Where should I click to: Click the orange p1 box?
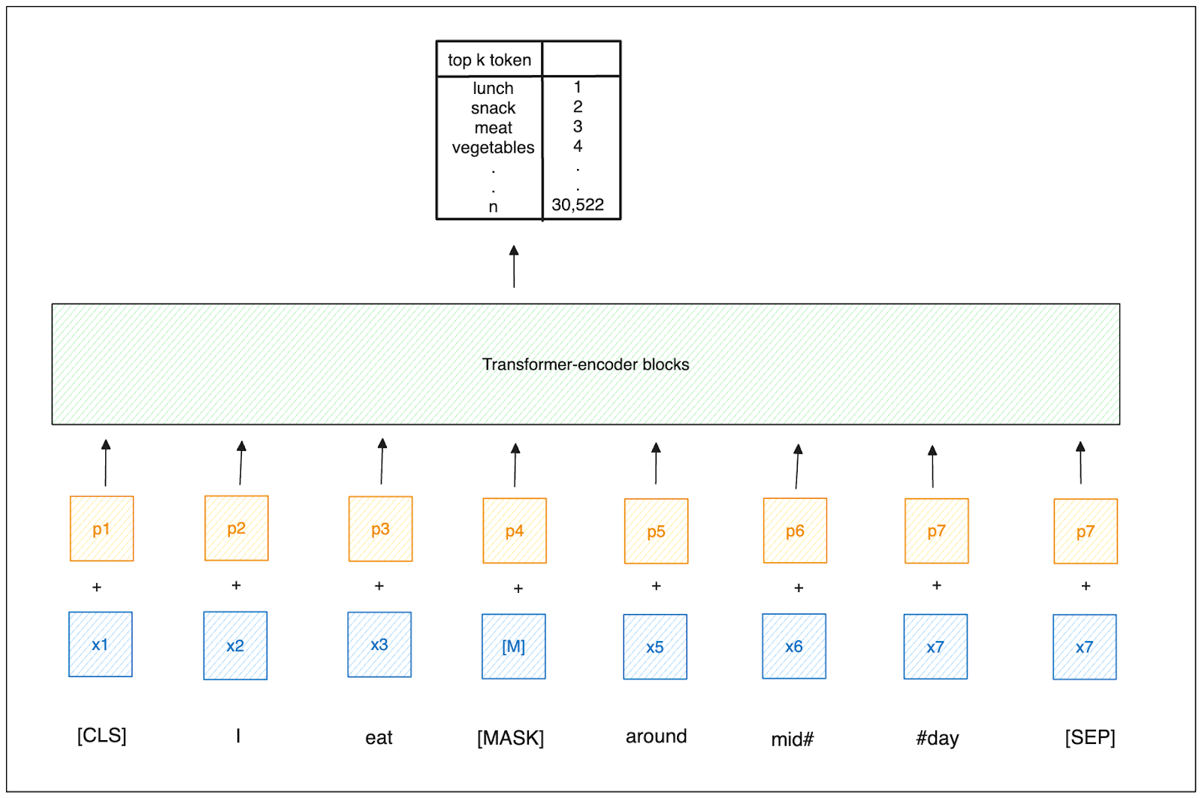click(x=101, y=528)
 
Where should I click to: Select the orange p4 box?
click(x=515, y=530)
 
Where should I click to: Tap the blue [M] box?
click(x=514, y=646)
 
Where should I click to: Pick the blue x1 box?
click(x=101, y=644)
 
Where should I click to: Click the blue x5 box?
click(x=655, y=647)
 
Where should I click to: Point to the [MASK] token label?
click(x=510, y=738)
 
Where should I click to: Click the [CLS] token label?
click(x=101, y=735)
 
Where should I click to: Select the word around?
click(x=656, y=736)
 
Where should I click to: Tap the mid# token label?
click(x=793, y=739)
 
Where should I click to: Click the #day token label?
click(x=937, y=738)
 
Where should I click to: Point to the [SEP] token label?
click(x=1089, y=737)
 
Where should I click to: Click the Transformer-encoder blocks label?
click(x=585, y=364)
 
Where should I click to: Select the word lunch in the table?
click(x=493, y=89)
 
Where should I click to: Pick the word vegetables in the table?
click(x=493, y=147)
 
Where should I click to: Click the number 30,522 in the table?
click(x=578, y=204)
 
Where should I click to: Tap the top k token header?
click(x=489, y=60)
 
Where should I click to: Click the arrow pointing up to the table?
click(x=514, y=266)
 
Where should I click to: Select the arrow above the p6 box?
click(x=797, y=466)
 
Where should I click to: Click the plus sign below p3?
click(x=379, y=585)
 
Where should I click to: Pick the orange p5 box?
click(x=656, y=531)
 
